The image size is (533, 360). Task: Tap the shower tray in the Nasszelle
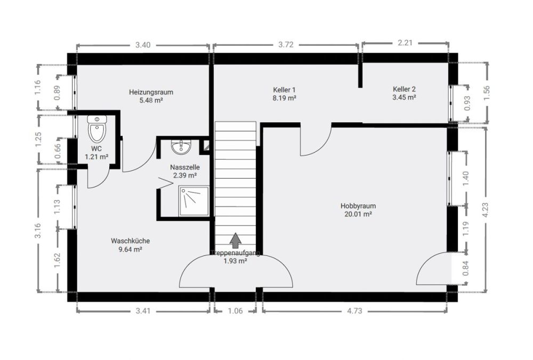point(193,201)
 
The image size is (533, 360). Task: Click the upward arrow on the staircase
point(235,241)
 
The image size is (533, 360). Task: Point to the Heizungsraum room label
point(151,92)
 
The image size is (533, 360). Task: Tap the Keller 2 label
point(404,89)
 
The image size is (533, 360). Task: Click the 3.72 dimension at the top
point(286,45)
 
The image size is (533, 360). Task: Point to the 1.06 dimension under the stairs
point(235,311)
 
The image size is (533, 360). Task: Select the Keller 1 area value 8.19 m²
point(284,98)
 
